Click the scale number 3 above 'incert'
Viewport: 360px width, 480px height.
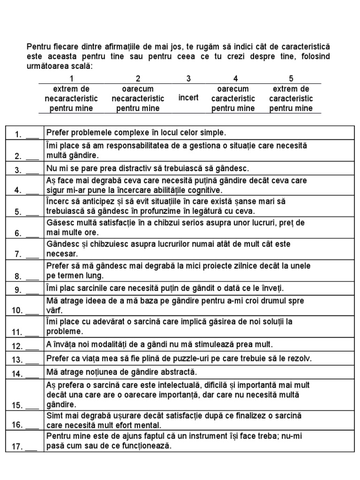tap(188, 79)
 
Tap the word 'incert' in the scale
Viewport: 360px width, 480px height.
tap(188, 98)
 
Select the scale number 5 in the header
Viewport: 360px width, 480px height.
tap(291, 79)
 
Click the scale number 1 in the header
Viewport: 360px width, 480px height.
tap(71, 79)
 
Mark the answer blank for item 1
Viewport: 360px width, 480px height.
tap(32, 135)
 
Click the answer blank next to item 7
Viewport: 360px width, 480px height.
tap(32, 255)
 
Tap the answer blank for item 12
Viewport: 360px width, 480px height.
tap(32, 347)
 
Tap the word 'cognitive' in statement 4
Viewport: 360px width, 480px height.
tap(190, 190)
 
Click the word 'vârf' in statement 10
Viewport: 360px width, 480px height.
tap(54, 310)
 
